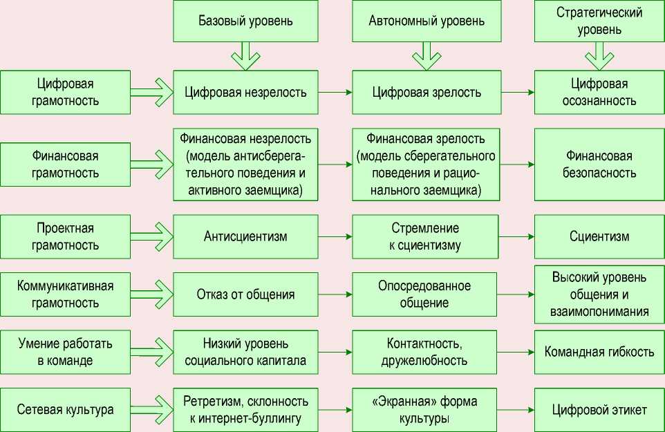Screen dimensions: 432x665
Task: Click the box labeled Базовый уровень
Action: pyautogui.click(x=245, y=20)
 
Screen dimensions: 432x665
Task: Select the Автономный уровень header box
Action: pyautogui.click(x=427, y=20)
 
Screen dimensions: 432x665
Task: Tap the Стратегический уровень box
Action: pyautogui.click(x=599, y=21)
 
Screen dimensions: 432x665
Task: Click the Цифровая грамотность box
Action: pyautogui.click(x=65, y=92)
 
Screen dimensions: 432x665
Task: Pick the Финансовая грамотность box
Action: pyautogui.click(x=65, y=164)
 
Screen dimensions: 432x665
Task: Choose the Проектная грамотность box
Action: pyautogui.click(x=65, y=236)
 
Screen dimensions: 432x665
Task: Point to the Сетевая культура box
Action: pyautogui.click(x=65, y=410)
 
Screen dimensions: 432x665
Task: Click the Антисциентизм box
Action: pyautogui.click(x=245, y=236)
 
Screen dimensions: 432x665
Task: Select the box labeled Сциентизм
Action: pyautogui.click(x=599, y=236)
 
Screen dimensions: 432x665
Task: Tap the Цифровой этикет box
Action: pyautogui.click(x=599, y=410)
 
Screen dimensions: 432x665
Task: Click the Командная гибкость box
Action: pyautogui.click(x=599, y=352)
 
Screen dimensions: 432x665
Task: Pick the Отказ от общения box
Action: pyautogui.click(x=245, y=294)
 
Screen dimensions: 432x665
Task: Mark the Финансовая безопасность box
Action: pyautogui.click(x=599, y=165)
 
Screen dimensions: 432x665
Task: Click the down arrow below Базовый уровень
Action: pyautogui.click(x=245, y=55)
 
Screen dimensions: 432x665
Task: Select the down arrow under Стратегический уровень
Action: pyautogui.click(x=599, y=55)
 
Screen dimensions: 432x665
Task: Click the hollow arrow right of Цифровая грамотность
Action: pyautogui.click(x=151, y=92)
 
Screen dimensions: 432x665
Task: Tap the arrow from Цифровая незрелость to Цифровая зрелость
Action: pyautogui.click(x=335, y=92)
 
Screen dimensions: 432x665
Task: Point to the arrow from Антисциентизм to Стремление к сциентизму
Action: pyautogui.click(x=335, y=236)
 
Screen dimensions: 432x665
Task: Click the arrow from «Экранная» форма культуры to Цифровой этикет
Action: pyautogui.click(x=518, y=410)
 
